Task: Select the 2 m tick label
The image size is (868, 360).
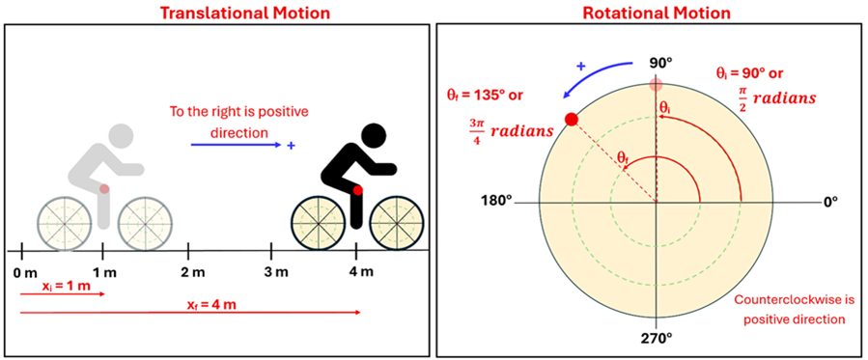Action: [x=193, y=272]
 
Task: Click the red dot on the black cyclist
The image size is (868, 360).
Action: [x=358, y=191]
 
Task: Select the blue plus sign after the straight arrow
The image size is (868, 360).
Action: [x=292, y=145]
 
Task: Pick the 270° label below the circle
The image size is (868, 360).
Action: [x=657, y=339]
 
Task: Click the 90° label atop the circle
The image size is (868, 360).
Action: [x=658, y=63]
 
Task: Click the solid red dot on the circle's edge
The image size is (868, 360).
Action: [x=571, y=119]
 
